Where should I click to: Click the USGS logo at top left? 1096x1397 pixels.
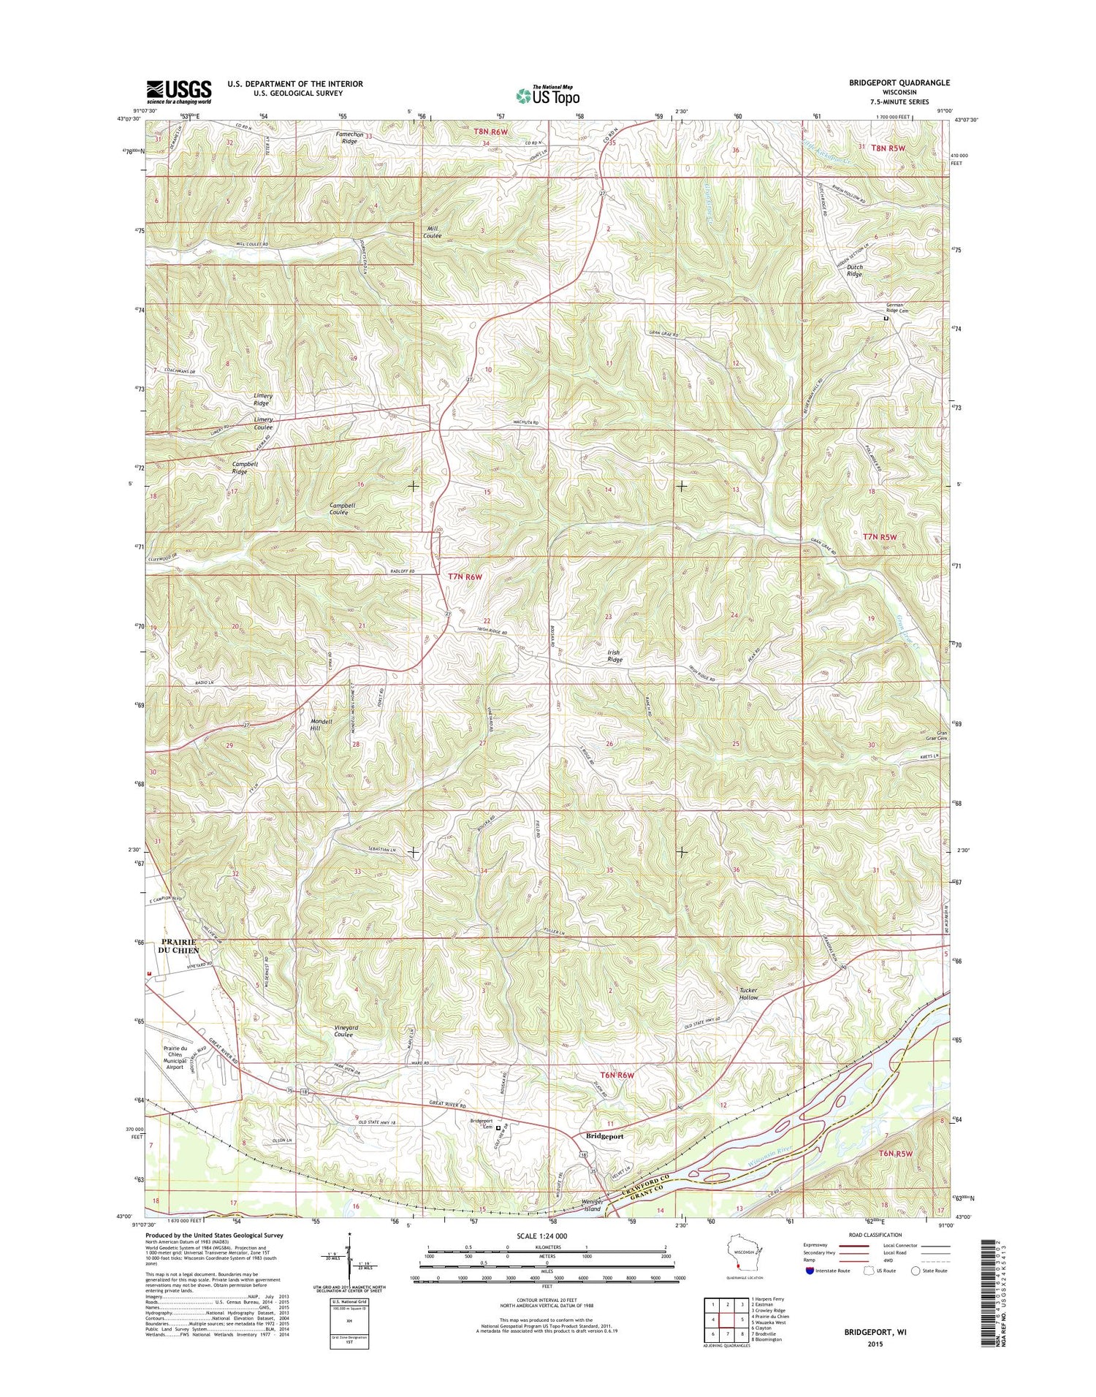[x=179, y=92]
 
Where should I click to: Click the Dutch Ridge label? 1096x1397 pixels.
[x=854, y=271]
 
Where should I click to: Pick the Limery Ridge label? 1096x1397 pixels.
[x=261, y=399]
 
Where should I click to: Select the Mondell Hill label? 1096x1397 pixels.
[x=321, y=725]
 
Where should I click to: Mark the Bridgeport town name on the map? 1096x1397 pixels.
[x=605, y=1136]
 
